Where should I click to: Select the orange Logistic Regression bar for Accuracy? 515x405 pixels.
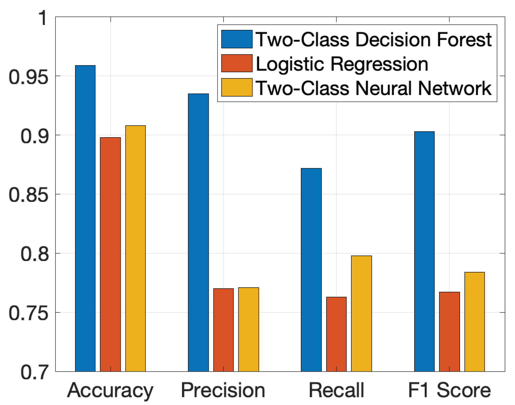coord(110,254)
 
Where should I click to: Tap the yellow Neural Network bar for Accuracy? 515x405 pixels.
coord(135,248)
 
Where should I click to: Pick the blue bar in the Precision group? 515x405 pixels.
coord(198,233)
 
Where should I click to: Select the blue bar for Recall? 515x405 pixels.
coord(311,270)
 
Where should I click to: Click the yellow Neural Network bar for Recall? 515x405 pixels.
coord(362,313)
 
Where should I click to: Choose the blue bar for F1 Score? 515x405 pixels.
coord(424,251)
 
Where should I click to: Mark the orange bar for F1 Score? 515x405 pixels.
coord(449,332)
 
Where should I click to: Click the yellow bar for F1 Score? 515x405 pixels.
coord(475,322)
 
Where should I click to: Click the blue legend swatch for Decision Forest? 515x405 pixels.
coord(237,39)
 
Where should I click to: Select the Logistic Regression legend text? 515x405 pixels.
coord(342,64)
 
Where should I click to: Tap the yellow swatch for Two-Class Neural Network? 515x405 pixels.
coord(237,87)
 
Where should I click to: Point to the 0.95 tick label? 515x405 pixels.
coord(29,77)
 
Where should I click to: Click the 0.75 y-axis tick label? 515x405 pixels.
coord(29,313)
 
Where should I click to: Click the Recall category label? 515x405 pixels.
coord(336,390)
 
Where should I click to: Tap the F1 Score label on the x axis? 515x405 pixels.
coord(449,390)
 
